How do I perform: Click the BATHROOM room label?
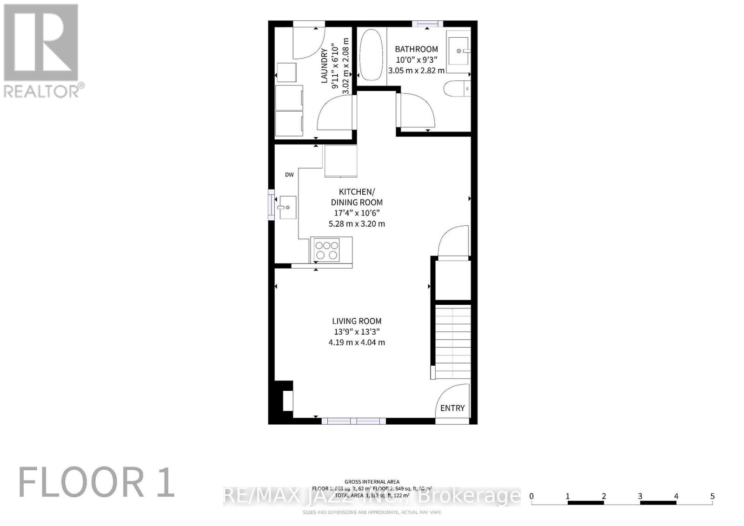[x=416, y=49]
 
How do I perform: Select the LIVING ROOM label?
[x=357, y=321]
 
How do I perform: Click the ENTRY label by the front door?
[x=452, y=408]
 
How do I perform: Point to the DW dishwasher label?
[x=289, y=175]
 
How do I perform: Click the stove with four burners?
[x=326, y=250]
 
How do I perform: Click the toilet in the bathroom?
[x=457, y=88]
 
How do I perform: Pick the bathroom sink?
[x=458, y=49]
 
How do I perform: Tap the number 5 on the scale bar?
[x=712, y=496]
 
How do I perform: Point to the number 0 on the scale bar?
[x=531, y=496]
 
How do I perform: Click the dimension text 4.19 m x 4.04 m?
[x=357, y=342]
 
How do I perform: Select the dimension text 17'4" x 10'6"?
[x=357, y=213]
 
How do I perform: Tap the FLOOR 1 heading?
[x=96, y=483]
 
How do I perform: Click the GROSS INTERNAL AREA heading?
[x=372, y=482]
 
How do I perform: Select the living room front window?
[x=353, y=421]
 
